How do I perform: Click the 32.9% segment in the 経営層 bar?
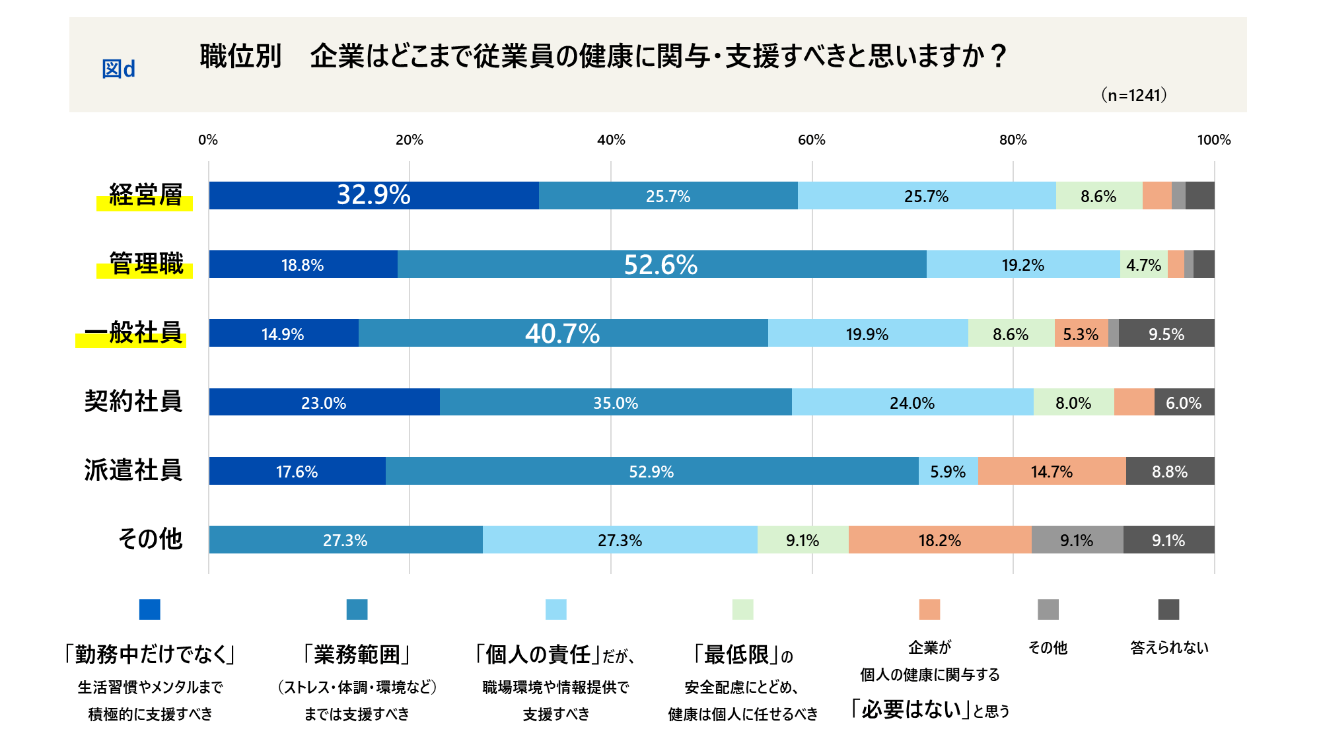click(x=374, y=195)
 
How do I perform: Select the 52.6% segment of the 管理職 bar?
click(x=661, y=264)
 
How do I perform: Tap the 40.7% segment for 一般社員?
click(x=563, y=333)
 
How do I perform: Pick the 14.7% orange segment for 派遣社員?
click(x=1052, y=471)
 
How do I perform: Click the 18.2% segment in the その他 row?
click(x=939, y=540)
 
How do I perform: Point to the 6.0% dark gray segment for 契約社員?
click(x=1184, y=402)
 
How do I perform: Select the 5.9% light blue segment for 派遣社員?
click(x=948, y=471)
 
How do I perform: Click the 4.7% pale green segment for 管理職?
click(x=1143, y=264)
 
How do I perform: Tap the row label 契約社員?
click(x=133, y=402)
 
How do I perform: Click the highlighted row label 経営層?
click(x=145, y=195)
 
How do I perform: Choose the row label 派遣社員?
click(x=133, y=470)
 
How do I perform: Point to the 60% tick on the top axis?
click(x=812, y=140)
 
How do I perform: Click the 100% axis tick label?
click(x=1213, y=140)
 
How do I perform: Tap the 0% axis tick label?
click(x=208, y=140)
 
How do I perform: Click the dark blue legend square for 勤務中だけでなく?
click(x=150, y=609)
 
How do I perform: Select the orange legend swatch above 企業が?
click(x=929, y=609)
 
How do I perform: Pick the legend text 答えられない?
click(x=1169, y=647)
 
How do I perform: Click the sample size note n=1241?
click(x=1133, y=95)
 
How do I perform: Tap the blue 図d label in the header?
click(x=119, y=69)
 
